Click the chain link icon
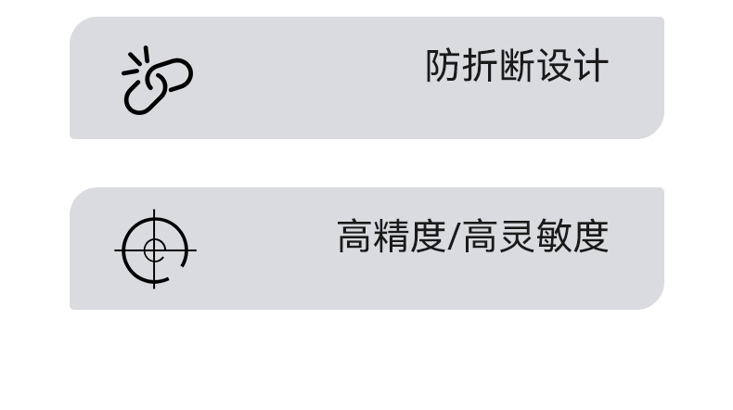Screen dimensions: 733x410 point(157,83)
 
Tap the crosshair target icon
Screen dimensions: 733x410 point(155,250)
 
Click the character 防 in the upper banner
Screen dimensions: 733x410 point(444,67)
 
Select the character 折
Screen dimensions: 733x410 point(480,67)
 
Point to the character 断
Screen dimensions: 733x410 point(517,67)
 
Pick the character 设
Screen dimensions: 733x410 point(553,67)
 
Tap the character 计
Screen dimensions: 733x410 point(590,67)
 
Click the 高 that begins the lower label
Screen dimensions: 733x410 point(354,237)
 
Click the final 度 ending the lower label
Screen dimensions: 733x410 point(590,237)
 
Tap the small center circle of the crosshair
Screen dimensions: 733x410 point(155,250)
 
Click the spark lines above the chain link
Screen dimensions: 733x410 point(135,60)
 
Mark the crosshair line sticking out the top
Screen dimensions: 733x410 point(155,215)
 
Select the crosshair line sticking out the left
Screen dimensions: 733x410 point(120,250)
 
